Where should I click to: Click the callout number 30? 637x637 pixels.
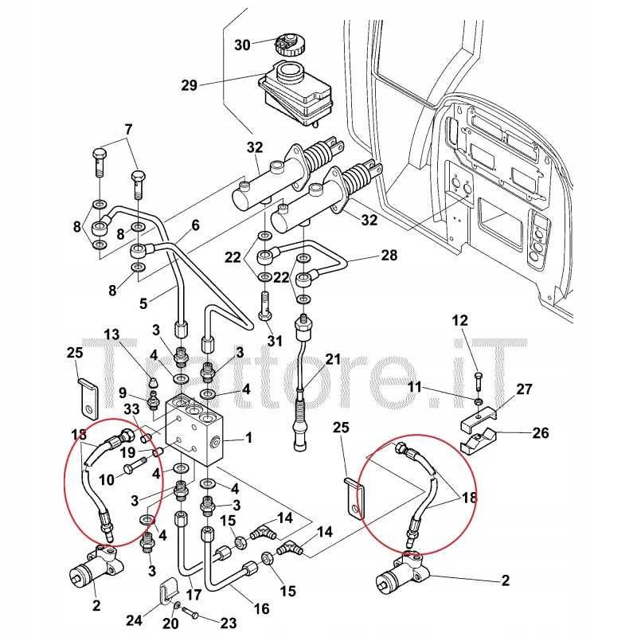[242, 45]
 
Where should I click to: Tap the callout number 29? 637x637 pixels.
[188, 85]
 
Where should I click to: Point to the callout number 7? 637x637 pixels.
[128, 129]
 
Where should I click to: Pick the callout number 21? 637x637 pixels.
[332, 359]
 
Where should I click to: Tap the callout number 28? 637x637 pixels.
[388, 256]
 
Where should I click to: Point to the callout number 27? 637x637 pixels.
[524, 389]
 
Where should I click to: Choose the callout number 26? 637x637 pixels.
[540, 434]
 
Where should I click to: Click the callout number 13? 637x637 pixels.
[110, 333]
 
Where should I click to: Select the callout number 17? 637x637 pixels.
[193, 593]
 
